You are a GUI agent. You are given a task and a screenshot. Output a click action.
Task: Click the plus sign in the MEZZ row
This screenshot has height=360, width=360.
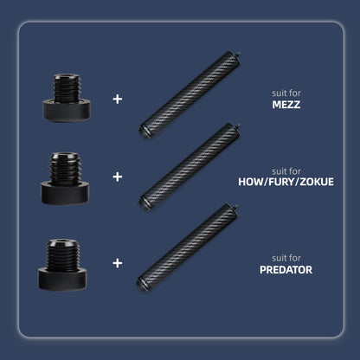117,99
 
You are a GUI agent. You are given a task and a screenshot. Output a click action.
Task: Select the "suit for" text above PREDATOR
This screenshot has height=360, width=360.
287,257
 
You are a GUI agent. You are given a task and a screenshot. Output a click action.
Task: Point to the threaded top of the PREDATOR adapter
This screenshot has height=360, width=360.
62,251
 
